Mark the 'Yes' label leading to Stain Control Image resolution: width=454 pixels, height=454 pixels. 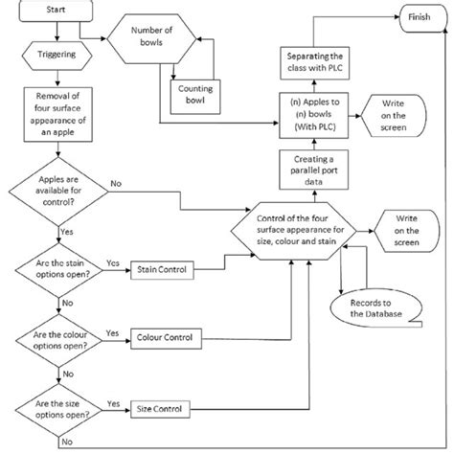(x=112, y=261)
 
